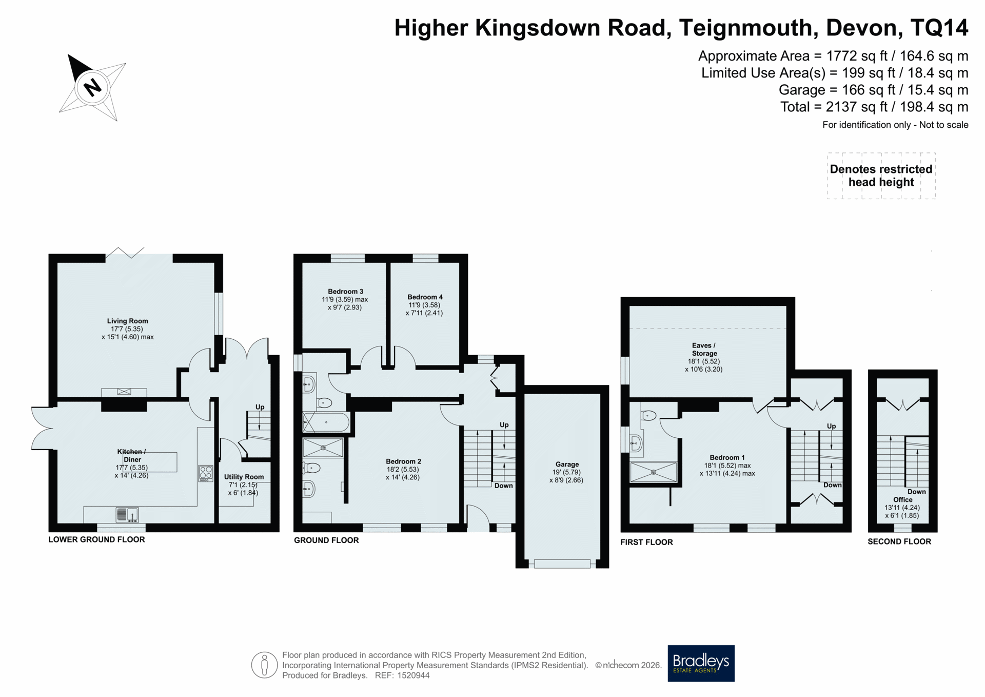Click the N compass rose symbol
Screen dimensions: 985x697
92,87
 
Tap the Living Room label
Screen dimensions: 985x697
128,321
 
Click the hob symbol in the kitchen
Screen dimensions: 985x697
206,473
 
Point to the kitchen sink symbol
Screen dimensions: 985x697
127,514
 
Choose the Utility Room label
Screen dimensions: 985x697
244,477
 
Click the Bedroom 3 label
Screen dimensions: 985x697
346,292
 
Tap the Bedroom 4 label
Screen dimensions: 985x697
425,297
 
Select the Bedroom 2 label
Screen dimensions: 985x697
404,461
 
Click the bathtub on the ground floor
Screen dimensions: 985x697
326,422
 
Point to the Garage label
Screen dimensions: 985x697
567,464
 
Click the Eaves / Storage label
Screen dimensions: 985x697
704,349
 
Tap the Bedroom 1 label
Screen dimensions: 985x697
727,457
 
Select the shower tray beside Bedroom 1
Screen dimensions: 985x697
653,472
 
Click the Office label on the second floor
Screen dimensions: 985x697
903,499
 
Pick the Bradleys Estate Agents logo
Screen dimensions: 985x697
701,663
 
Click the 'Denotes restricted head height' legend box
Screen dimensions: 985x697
881,176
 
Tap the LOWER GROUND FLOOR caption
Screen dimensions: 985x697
96,539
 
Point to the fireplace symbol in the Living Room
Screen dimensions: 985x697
124,392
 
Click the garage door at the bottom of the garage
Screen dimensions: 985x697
562,564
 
